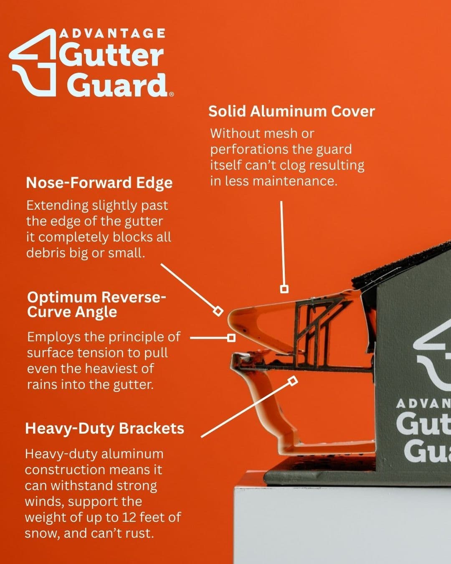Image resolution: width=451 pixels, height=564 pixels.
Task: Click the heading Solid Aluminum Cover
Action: [x=291, y=111]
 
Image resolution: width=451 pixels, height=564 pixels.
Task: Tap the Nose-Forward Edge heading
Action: [x=99, y=183]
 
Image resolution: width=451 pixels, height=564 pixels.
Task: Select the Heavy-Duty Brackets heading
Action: [x=104, y=429]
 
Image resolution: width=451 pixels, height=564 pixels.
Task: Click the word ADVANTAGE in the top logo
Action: [x=112, y=33]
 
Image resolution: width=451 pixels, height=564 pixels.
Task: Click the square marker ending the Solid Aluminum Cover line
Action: [x=284, y=289]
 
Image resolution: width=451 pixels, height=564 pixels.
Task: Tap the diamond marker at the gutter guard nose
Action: [x=218, y=311]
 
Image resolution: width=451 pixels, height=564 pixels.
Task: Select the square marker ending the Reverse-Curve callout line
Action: [x=231, y=338]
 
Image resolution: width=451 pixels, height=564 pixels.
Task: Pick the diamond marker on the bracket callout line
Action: [x=293, y=381]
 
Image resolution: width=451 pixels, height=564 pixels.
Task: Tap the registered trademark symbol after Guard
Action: [x=172, y=95]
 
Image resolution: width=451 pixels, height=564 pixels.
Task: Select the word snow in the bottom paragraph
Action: [x=41, y=534]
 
